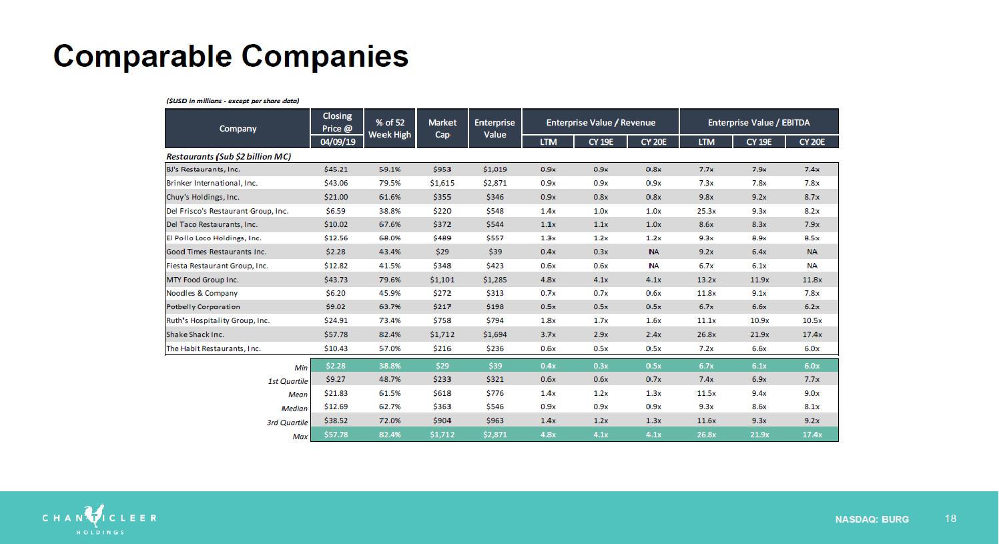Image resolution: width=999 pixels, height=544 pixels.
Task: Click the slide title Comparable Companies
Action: tap(231, 56)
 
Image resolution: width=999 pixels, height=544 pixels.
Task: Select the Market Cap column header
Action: tap(442, 128)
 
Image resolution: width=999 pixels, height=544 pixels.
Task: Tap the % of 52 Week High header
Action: tap(390, 128)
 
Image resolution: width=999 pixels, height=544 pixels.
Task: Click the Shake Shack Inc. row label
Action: tap(196, 334)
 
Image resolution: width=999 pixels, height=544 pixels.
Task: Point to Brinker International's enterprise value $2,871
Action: tap(495, 183)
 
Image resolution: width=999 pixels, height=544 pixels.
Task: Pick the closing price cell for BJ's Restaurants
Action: tap(336, 169)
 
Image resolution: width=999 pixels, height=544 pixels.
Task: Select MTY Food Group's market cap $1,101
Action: tap(442, 280)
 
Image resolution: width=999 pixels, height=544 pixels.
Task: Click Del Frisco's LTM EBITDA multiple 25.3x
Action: tap(706, 211)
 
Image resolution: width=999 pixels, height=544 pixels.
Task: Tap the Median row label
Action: tap(294, 409)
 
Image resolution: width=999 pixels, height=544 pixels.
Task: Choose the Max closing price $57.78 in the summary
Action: tap(336, 435)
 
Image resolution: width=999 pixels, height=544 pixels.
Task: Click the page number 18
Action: tap(950, 519)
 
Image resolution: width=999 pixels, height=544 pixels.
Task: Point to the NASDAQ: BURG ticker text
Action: tap(872, 519)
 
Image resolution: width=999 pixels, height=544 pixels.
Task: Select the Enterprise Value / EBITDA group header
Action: tap(759, 122)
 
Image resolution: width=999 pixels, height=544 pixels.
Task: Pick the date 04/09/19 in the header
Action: tap(338, 142)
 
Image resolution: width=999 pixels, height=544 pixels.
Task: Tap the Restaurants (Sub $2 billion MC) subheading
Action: tap(228, 156)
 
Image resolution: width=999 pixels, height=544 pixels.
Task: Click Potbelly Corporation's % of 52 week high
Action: tap(390, 307)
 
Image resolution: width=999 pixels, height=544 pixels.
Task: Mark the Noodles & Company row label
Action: tap(202, 293)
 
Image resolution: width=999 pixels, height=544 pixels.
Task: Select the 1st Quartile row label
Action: tap(288, 381)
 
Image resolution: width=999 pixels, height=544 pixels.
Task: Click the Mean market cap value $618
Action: tap(442, 394)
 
